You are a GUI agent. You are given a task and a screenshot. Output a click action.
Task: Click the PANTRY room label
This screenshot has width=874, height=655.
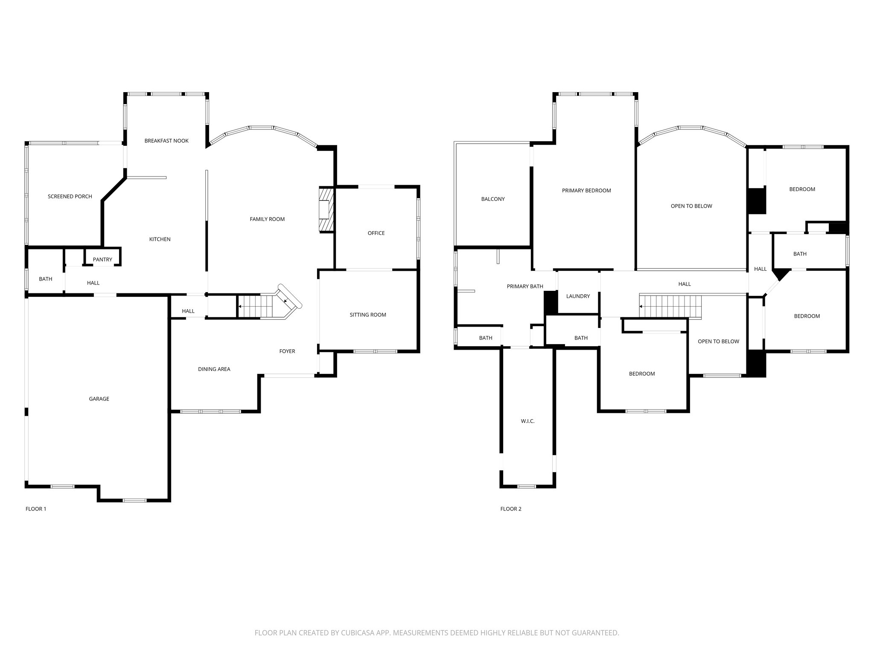coord(102,259)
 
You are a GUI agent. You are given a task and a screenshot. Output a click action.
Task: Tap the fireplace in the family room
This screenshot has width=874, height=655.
coord(326,210)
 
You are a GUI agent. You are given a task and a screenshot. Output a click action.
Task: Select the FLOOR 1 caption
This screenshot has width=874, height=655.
coord(36,509)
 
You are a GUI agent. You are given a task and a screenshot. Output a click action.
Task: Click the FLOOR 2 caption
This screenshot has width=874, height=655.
coord(511,509)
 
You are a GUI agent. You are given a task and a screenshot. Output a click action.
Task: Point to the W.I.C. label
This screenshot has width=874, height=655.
coord(527,421)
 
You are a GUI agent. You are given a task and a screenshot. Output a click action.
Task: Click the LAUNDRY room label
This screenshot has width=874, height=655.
coord(578,296)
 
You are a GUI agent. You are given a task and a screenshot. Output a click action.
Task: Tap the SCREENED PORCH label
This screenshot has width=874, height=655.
coord(70,197)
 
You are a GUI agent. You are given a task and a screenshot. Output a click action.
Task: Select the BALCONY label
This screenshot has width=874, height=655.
coord(493,199)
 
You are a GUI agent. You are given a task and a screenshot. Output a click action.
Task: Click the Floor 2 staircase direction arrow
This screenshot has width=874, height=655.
coord(641,306)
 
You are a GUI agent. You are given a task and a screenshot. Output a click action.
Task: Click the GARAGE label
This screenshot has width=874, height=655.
coord(99,399)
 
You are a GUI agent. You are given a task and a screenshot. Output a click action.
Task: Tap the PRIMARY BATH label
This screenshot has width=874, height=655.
coord(525,287)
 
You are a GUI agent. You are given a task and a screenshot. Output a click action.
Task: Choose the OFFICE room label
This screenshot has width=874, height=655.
coord(376,233)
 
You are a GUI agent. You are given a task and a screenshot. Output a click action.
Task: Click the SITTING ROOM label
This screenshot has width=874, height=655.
coord(368,315)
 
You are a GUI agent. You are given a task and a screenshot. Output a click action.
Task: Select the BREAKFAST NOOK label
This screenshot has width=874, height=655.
coord(166,141)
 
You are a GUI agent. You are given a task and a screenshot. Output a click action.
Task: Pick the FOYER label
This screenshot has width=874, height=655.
coord(287,351)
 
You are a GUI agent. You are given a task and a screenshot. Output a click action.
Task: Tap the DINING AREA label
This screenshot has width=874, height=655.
coord(214,369)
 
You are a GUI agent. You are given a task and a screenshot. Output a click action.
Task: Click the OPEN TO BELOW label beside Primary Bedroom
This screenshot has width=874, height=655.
coord(691,206)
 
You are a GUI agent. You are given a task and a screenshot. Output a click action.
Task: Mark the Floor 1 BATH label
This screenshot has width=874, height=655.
coord(46,279)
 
